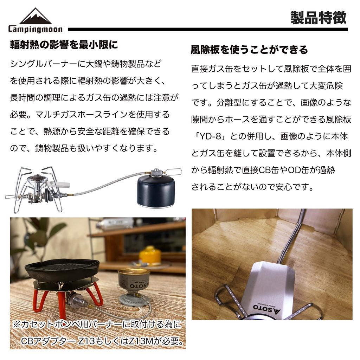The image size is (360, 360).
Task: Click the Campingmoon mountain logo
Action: click(35, 17)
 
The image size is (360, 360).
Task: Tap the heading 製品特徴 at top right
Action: click(318, 18)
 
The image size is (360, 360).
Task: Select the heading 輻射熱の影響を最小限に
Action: click(64, 45)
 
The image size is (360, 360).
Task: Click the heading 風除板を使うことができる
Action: click(249, 50)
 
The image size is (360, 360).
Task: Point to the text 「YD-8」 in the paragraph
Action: click(213, 136)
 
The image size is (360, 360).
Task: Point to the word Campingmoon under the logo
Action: click(35, 30)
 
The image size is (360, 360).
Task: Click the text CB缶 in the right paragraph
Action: click(271, 170)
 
